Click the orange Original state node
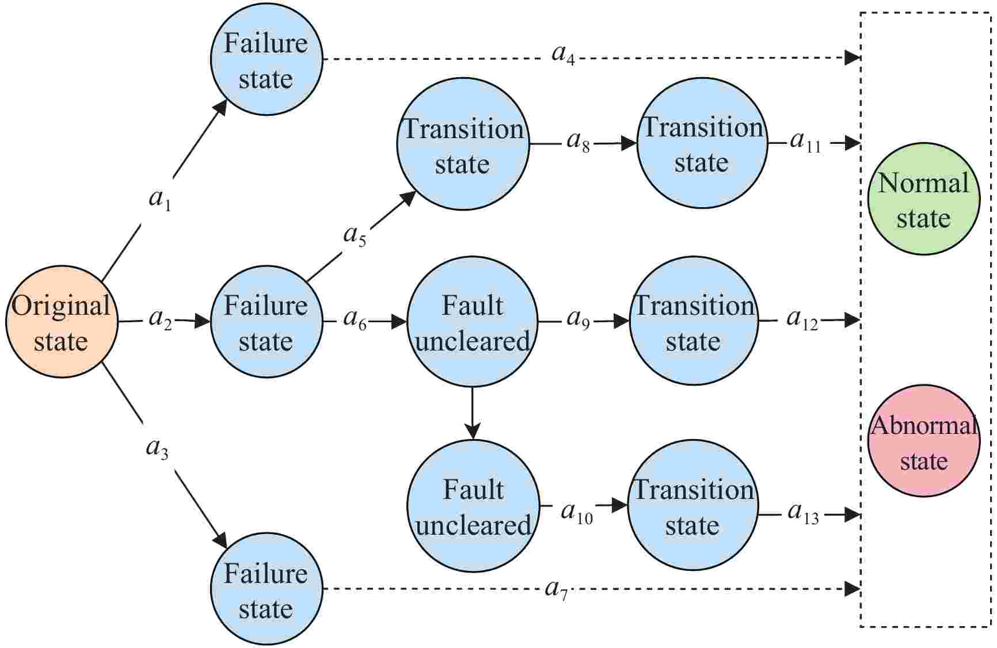click(62, 322)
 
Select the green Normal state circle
click(923, 199)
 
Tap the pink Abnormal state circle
click(923, 441)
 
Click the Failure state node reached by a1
click(266, 60)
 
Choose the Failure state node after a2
click(266, 322)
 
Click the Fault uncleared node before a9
click(472, 322)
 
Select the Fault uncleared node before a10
click(473, 506)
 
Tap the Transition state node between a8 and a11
click(702, 143)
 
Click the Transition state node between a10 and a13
click(692, 506)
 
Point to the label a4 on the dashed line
click(563, 55)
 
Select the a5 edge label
click(355, 236)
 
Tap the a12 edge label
click(802, 319)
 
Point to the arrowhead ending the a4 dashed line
click(853, 58)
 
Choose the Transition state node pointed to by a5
click(463, 144)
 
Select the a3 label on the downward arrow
click(157, 449)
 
